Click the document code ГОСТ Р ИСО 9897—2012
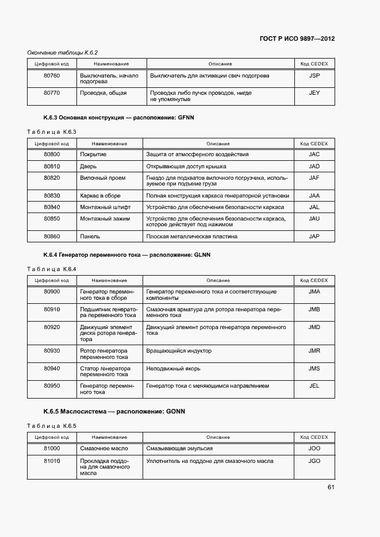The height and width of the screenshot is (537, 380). click(x=297, y=39)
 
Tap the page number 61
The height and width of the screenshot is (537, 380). click(x=331, y=488)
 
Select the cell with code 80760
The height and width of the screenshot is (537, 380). click(x=52, y=75)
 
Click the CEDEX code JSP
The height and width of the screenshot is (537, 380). click(x=314, y=75)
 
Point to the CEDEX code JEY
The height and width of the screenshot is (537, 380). click(x=314, y=92)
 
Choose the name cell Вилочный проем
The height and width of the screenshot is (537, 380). click(x=102, y=178)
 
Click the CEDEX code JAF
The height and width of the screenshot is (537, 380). click(x=314, y=178)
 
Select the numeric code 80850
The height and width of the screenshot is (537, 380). click(x=52, y=219)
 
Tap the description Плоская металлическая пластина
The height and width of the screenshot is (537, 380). click(x=191, y=236)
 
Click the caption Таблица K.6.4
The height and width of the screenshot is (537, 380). click(x=52, y=269)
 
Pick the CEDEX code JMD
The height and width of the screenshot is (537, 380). click(x=314, y=327)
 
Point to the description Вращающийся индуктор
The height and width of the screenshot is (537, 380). click(x=179, y=351)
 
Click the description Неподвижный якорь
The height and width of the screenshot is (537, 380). click(x=174, y=369)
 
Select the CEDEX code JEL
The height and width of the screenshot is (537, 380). click(x=314, y=386)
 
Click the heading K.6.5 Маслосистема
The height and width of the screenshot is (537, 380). click(x=114, y=412)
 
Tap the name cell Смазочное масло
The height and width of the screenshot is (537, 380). click(x=104, y=448)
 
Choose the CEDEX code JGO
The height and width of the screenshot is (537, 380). click(x=314, y=461)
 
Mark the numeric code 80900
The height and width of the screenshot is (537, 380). click(x=52, y=292)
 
